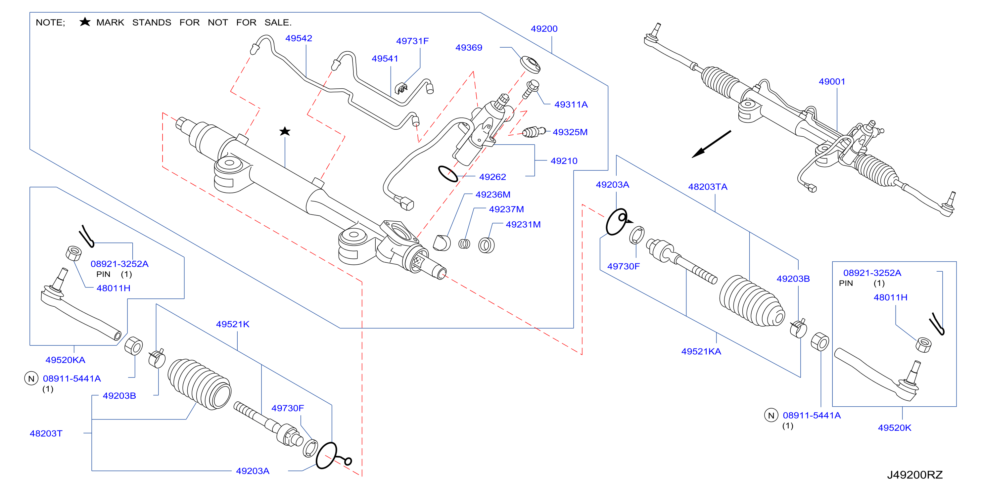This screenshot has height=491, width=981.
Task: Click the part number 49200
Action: point(544,29)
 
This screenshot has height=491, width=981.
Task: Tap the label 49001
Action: point(832,81)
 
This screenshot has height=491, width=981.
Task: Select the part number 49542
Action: point(299,38)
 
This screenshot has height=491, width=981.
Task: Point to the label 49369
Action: point(469,48)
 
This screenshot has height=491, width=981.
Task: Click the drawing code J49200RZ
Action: point(915,475)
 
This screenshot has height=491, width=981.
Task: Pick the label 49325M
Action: point(570,132)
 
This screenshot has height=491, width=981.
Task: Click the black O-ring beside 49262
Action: point(448,174)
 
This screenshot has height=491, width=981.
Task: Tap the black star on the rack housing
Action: point(285,131)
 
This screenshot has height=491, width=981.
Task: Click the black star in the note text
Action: point(85,22)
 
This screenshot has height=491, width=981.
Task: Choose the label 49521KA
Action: point(701,351)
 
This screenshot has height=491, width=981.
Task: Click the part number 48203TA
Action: point(708,187)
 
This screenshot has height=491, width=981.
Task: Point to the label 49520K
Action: point(895,428)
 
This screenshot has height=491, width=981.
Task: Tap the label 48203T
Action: point(46,433)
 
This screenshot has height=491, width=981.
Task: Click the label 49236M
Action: point(493,195)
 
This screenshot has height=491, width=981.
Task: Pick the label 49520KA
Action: point(66,360)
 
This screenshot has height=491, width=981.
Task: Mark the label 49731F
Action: point(412,41)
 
